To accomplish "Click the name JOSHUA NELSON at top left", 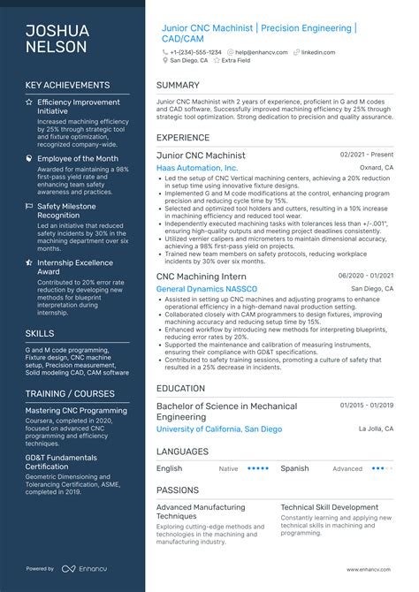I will coord(57,39).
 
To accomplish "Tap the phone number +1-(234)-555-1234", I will coord(196,52).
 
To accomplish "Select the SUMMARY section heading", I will coord(178,85).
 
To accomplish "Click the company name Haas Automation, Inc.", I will coord(196,167).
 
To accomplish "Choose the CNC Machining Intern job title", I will coord(201,277).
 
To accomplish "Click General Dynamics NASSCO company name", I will coord(206,289).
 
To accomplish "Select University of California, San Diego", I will coord(219,429).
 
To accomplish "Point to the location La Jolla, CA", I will coord(375,429).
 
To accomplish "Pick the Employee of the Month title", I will coord(77,158).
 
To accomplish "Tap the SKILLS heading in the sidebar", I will coord(39,333).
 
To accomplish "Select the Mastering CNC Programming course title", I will coord(77,411).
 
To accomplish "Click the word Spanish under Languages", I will coord(294,468).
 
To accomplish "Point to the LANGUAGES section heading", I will coord(182,451).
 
